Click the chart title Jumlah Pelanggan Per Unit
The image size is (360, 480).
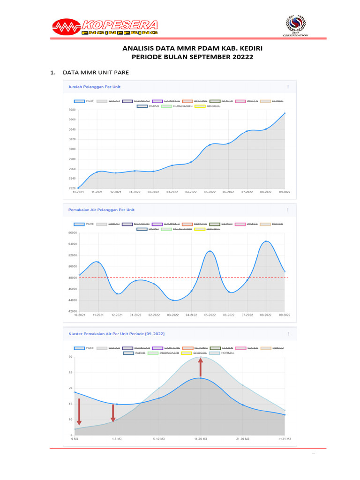(94, 87)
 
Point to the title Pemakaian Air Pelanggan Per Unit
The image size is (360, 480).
(101, 210)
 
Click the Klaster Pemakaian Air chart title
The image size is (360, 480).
(116, 333)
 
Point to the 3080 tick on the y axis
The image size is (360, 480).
(72, 110)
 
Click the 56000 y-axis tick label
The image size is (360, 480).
(72, 232)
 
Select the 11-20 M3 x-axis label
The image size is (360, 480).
(201, 439)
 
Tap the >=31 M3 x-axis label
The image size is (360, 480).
(284, 439)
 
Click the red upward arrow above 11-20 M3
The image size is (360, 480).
(201, 367)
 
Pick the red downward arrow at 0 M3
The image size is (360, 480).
(79, 411)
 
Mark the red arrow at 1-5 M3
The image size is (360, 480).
(112, 412)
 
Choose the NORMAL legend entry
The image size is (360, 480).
(227, 353)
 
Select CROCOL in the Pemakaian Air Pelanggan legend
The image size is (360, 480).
(207, 229)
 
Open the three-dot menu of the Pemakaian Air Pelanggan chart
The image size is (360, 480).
(288, 210)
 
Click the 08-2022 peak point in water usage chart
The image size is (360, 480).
(266, 241)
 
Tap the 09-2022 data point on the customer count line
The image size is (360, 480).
(285, 113)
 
